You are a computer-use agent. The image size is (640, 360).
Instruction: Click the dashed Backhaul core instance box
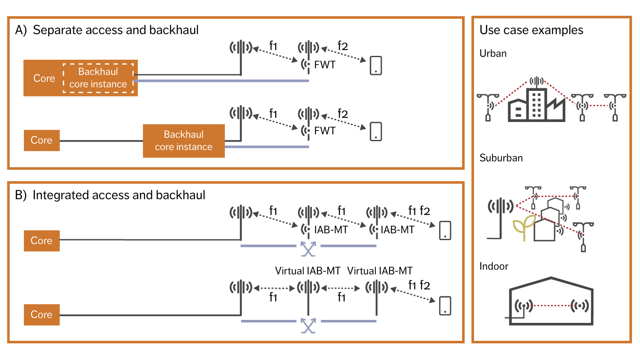98,78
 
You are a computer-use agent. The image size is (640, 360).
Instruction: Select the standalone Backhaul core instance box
183,141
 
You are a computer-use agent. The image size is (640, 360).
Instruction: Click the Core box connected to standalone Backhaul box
41,140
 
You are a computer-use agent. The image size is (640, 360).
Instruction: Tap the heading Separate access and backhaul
115,30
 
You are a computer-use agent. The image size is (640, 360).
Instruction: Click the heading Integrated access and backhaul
119,195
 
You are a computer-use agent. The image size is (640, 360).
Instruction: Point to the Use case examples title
531,30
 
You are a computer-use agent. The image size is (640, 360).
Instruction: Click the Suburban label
501,158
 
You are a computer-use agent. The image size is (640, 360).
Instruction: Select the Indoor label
494,266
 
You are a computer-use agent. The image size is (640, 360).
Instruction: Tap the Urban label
493,53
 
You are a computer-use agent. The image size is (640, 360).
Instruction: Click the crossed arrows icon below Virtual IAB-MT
308,325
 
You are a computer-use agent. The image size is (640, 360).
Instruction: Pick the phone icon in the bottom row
445,306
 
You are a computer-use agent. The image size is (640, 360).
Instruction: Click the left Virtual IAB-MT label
308,271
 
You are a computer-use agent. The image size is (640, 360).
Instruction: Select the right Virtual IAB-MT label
380,271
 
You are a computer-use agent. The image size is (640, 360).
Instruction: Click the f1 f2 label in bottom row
419,285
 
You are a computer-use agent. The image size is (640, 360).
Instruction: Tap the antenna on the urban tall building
537,81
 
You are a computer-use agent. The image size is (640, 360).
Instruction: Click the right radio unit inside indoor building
580,305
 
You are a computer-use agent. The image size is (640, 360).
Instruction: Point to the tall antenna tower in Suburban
500,213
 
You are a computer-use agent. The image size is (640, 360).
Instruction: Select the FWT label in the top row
325,65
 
